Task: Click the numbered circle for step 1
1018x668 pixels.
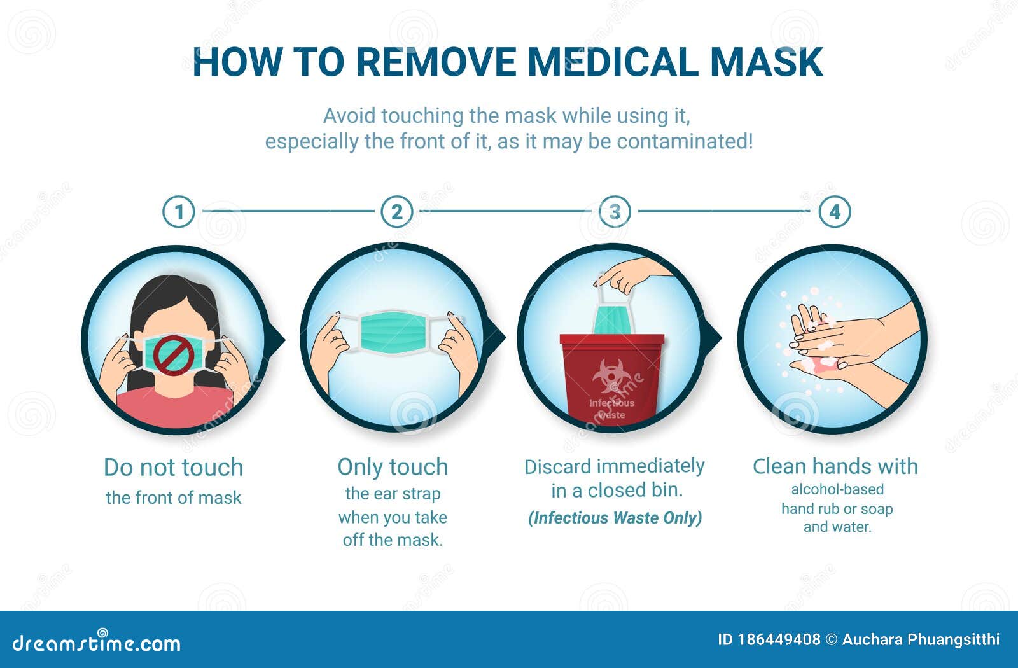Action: (x=179, y=212)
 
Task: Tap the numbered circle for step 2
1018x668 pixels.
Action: (x=397, y=212)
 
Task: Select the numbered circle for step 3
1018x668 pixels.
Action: (x=615, y=212)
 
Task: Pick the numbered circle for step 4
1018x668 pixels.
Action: (x=835, y=212)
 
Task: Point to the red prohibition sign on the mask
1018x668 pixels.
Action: (x=174, y=356)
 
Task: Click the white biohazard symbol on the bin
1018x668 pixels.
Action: (x=611, y=375)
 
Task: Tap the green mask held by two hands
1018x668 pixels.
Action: (x=394, y=332)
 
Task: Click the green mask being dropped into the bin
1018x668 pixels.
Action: (x=613, y=320)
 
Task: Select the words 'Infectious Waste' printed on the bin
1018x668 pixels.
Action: (x=611, y=408)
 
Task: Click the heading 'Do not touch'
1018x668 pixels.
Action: (x=174, y=467)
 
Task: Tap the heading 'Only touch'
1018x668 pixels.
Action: (x=393, y=467)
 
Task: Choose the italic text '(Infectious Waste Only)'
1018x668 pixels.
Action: (x=615, y=518)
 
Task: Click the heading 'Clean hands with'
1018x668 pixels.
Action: (x=835, y=466)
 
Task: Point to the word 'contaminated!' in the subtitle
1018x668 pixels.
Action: (x=685, y=141)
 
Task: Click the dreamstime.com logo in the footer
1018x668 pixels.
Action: (x=96, y=643)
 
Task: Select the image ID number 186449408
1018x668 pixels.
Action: (x=779, y=639)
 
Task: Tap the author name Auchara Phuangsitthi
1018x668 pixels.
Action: (x=921, y=639)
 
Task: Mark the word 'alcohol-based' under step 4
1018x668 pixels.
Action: (x=837, y=489)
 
